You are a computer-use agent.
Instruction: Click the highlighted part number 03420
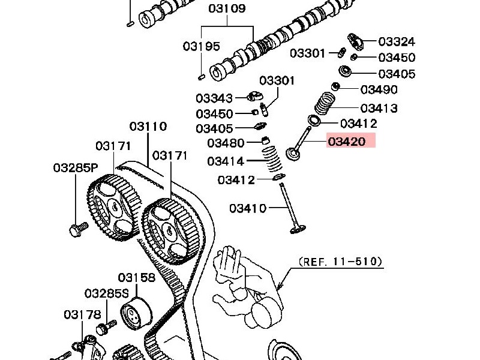coord(350,142)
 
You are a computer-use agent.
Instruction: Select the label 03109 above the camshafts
coord(227,9)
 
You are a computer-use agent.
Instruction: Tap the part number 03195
coord(202,46)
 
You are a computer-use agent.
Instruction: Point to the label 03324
coord(397,41)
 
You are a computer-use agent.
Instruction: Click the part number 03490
coord(379,89)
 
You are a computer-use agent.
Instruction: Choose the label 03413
coord(379,108)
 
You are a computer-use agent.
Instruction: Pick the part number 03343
coord(214,98)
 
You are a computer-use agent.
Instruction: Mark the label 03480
coord(226,143)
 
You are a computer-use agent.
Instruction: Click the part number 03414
coord(226,161)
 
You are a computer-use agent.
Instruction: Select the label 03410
coord(247,208)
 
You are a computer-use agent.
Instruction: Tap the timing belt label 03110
coord(148,127)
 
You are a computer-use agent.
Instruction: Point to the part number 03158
coord(136,277)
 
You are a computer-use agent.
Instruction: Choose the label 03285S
coord(107,293)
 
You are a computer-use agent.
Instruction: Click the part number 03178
coord(82,314)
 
